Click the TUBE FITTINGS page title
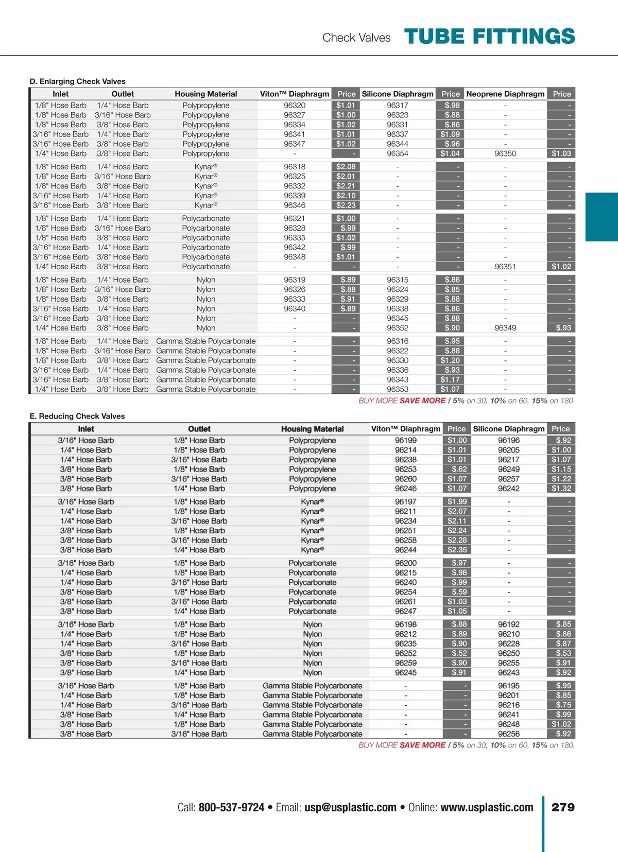pyautogui.click(x=489, y=37)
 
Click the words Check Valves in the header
pyautogui.click(x=356, y=38)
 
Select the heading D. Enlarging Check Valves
pyautogui.click(x=78, y=81)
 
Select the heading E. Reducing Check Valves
pyautogui.click(x=77, y=416)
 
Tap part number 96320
pyautogui.click(x=295, y=106)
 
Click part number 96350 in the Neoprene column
pyautogui.click(x=505, y=153)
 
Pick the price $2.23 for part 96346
pyautogui.click(x=346, y=205)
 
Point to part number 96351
pyautogui.click(x=505, y=267)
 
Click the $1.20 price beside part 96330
pyautogui.click(x=450, y=360)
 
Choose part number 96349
pyautogui.click(x=505, y=328)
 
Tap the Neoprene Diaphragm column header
pyautogui.click(x=505, y=94)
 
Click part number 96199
pyautogui.click(x=406, y=440)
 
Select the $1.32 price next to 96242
pyautogui.click(x=561, y=489)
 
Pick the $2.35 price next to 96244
pyautogui.click(x=457, y=550)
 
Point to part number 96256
pyautogui.click(x=509, y=734)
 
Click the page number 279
pyautogui.click(x=563, y=807)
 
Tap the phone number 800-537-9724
pyautogui.click(x=231, y=807)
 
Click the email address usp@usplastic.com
pyautogui.click(x=350, y=807)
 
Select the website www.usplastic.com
pyautogui.click(x=487, y=807)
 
